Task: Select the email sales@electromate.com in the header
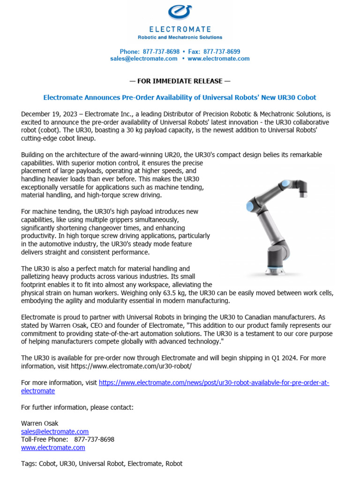click(144, 59)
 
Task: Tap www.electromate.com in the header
click(218, 59)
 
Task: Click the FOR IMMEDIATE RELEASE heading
click(180, 81)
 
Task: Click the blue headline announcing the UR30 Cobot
click(180, 97)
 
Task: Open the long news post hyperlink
click(214, 383)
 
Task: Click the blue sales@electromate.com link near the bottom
click(55, 432)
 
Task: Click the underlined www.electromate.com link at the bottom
click(53, 448)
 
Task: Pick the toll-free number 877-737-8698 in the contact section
click(94, 440)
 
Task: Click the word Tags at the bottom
click(30, 464)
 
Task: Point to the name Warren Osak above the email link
click(40, 423)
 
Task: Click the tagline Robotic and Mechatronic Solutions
click(180, 37)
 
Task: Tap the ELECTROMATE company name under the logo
click(180, 29)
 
